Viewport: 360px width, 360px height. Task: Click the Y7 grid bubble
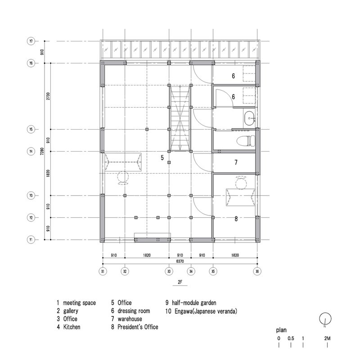click(x=31, y=41)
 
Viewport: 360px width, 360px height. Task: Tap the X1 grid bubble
click(x=103, y=271)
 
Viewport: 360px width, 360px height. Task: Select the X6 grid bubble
click(x=257, y=271)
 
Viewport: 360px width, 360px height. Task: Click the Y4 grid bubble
click(x=31, y=152)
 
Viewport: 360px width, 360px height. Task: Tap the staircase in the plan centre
click(x=180, y=119)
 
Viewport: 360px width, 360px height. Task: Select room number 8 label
click(x=236, y=219)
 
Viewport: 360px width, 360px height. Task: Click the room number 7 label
click(x=236, y=162)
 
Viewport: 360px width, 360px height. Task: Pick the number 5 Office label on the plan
click(x=162, y=157)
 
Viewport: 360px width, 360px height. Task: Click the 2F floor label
click(x=180, y=284)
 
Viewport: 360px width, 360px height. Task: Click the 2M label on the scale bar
click(x=327, y=338)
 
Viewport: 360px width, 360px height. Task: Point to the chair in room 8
click(x=242, y=183)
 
